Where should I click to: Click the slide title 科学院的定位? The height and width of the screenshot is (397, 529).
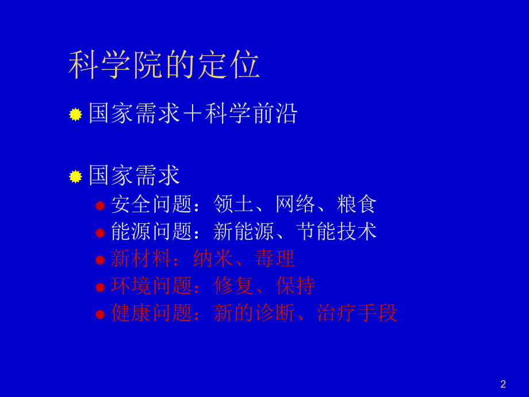(x=164, y=64)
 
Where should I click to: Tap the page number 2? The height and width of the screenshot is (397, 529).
(x=503, y=384)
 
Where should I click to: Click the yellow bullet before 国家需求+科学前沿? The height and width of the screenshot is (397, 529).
(x=75, y=114)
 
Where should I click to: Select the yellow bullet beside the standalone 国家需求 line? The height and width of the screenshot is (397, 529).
(x=75, y=177)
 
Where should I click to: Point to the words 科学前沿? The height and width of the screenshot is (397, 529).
(x=251, y=113)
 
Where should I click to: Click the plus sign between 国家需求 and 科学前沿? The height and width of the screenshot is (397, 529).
(x=193, y=114)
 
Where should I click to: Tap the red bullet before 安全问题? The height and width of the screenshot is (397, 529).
(x=100, y=205)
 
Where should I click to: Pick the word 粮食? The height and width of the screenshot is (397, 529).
(x=356, y=204)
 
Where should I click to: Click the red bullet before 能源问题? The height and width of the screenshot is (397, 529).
(x=100, y=233)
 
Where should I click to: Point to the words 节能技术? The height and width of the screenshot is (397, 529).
(x=336, y=231)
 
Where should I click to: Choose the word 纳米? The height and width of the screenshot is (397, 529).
(x=213, y=259)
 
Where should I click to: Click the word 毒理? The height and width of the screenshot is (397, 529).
(x=274, y=259)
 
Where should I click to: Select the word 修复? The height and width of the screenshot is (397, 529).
(x=233, y=286)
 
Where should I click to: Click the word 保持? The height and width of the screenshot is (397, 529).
(x=295, y=286)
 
